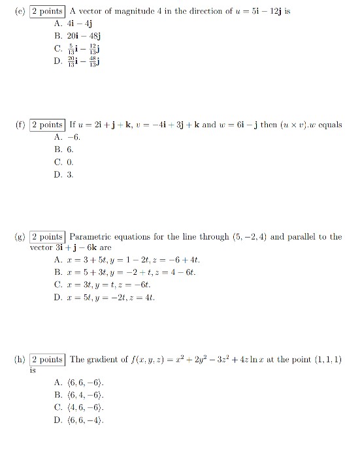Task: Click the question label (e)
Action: click(20, 11)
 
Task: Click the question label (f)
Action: click(20, 125)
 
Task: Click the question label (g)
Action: click(20, 237)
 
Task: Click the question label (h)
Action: click(20, 360)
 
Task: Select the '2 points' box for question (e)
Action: click(48, 11)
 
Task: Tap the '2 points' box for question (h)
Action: click(48, 360)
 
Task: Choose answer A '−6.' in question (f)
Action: click(69, 137)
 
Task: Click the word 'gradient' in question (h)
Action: click(102, 360)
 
